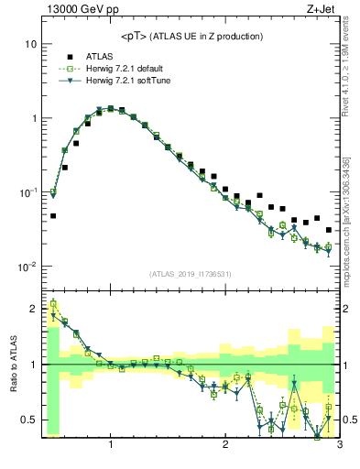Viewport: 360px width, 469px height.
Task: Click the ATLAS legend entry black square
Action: click(x=69, y=55)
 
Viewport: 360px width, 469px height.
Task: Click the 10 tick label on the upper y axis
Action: click(x=30, y=44)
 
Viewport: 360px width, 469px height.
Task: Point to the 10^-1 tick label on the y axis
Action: click(x=27, y=192)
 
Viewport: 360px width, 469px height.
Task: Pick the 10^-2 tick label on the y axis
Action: click(x=27, y=267)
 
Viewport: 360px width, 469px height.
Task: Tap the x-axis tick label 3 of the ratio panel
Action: click(x=339, y=446)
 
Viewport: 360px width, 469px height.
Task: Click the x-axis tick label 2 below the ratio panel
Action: click(x=225, y=446)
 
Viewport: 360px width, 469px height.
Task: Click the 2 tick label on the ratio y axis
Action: click(x=32, y=308)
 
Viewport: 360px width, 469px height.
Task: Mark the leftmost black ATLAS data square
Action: click(x=53, y=216)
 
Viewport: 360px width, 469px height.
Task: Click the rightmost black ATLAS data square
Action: click(x=329, y=230)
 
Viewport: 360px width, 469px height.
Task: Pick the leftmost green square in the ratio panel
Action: click(x=53, y=303)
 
